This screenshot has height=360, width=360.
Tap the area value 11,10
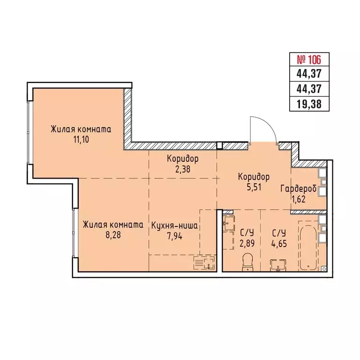[x=81, y=139]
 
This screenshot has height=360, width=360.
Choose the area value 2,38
[x=183, y=169]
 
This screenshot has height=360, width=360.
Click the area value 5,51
[x=254, y=187]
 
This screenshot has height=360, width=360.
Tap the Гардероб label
[x=298, y=189]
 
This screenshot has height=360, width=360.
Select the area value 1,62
[x=298, y=198]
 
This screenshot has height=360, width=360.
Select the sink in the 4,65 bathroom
[x=278, y=265]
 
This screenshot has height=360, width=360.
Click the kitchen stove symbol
[x=205, y=262]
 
